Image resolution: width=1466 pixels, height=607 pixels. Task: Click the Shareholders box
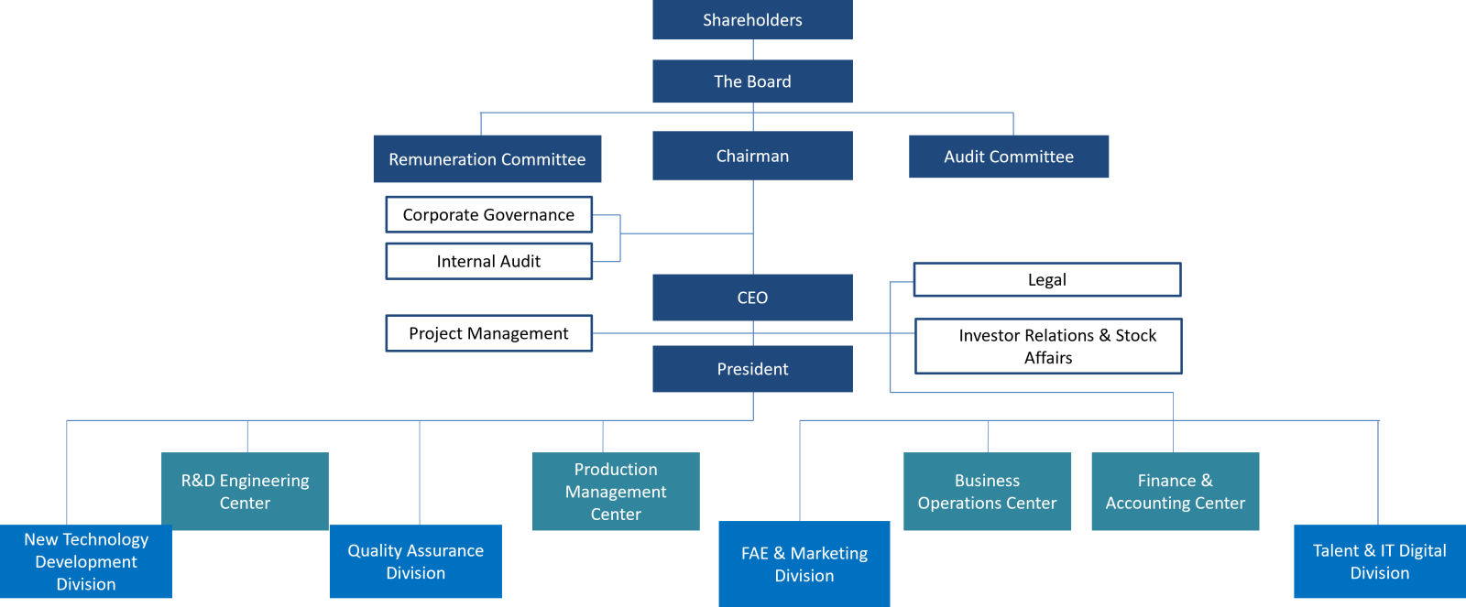point(752,20)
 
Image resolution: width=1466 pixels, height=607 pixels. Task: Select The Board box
point(752,81)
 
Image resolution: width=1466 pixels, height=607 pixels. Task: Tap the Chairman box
point(752,156)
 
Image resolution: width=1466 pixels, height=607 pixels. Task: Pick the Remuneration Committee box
point(487,159)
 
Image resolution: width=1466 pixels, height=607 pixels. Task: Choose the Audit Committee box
point(1009,157)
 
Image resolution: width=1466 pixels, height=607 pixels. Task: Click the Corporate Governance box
point(488,215)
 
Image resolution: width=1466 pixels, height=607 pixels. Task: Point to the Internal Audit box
point(488,261)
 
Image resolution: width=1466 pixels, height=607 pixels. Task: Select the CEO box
point(752,298)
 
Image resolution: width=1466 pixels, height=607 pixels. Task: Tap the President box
point(752,369)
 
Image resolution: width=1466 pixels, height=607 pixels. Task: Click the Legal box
point(1046,280)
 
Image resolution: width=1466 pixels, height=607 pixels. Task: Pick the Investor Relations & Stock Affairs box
point(1048,346)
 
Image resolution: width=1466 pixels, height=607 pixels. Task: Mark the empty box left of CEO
point(488,333)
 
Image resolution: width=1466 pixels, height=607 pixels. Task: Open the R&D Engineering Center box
point(245,492)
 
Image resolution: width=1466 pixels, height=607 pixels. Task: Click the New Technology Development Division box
point(86,561)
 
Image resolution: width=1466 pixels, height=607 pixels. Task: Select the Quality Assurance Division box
point(415,561)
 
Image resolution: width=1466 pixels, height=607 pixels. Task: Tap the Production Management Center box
point(616,492)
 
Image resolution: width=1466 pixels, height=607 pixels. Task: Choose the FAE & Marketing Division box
point(804,564)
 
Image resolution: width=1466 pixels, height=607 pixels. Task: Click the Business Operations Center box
point(987,492)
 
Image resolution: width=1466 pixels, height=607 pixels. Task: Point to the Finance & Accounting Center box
point(1175,492)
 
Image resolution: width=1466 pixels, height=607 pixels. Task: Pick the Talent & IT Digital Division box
point(1379,561)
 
